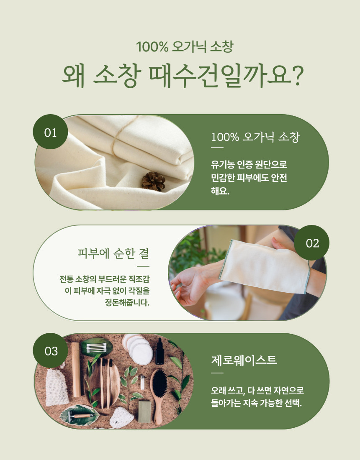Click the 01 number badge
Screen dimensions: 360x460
[50, 132]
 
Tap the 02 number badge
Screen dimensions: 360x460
[311, 243]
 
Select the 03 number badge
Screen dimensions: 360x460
[50, 350]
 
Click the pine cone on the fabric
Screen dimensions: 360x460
[153, 181]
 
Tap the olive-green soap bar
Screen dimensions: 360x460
[144, 412]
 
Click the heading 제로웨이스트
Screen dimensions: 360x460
[244, 360]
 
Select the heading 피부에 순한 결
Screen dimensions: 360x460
[113, 253]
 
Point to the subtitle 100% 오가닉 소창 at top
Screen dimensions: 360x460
[185, 47]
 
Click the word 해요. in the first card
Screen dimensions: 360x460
[220, 191]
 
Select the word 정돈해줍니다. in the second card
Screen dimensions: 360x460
[127, 302]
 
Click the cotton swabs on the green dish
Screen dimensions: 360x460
[96, 348]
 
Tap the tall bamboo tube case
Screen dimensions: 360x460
[76, 369]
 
